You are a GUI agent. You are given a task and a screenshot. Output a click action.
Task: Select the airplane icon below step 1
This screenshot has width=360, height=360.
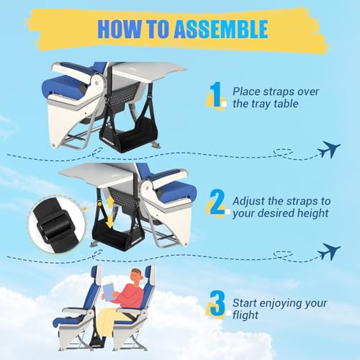(330, 149)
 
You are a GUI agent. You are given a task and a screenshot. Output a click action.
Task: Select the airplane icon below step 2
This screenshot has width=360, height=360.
(330, 252)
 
